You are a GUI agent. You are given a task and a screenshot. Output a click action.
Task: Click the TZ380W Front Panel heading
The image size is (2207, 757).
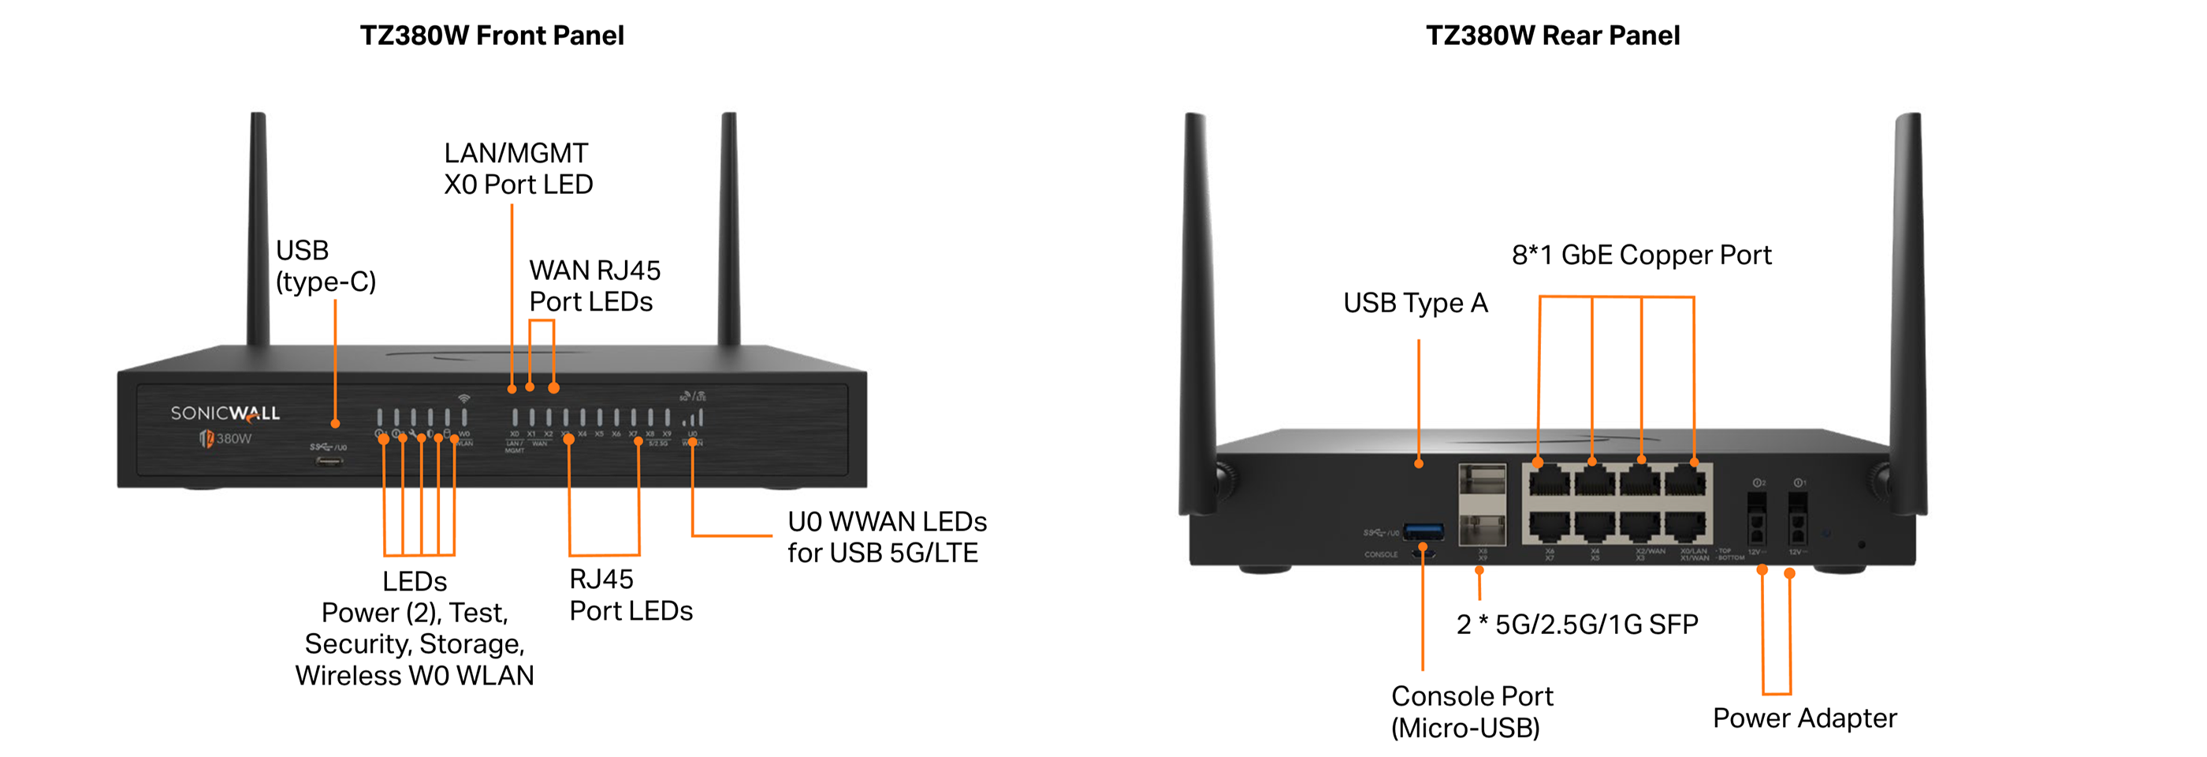point(491,35)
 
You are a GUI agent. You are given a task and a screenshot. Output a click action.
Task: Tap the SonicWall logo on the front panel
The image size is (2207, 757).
point(225,413)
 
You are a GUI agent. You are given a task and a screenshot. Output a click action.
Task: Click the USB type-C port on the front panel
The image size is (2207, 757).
point(329,461)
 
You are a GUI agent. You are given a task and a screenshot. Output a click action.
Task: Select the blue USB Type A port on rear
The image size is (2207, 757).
point(1423,532)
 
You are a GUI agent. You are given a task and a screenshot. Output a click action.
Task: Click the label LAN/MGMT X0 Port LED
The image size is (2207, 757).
point(518,169)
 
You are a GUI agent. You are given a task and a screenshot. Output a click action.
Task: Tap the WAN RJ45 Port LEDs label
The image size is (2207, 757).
point(594,286)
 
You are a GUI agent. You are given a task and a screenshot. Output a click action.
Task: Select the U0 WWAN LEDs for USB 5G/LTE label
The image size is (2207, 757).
point(886,538)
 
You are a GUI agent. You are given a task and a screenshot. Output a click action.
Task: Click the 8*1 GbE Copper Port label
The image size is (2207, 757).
point(1641,255)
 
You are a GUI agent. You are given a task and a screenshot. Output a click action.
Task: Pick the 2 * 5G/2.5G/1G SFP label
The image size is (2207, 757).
point(1576,624)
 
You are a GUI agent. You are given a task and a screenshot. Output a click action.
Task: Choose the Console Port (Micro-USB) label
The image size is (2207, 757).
point(1471,711)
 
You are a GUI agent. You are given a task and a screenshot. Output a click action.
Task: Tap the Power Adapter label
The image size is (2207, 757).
point(1804,718)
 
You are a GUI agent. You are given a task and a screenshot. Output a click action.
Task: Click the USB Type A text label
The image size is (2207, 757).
point(1415,303)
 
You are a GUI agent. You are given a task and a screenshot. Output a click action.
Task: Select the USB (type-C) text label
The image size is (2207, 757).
point(325,266)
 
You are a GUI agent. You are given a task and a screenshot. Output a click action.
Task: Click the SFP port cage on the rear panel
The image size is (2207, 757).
point(1482,504)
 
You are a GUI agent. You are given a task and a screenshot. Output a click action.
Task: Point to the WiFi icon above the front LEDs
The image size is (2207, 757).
point(463,399)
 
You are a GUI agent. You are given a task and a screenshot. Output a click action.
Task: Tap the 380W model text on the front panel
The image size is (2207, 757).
point(233,439)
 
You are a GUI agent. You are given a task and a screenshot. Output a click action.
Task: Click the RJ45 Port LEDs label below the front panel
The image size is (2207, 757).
point(630,595)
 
